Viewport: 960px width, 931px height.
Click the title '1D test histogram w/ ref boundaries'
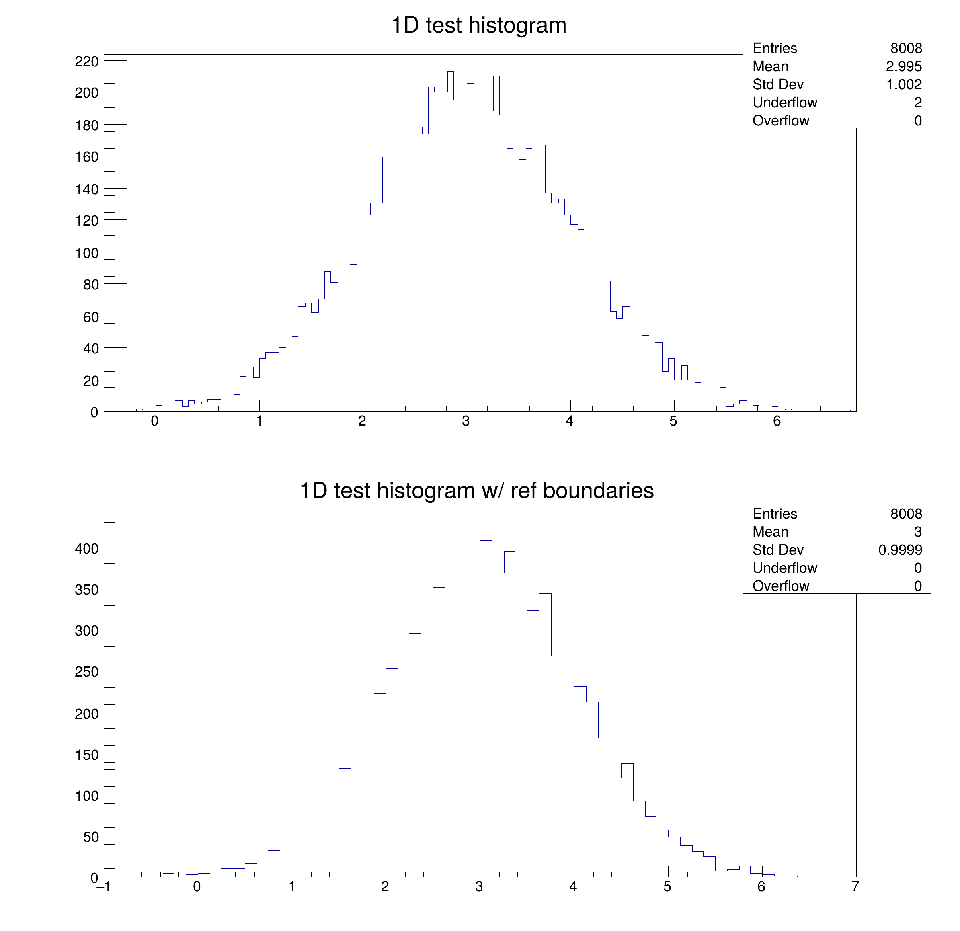pos(476,491)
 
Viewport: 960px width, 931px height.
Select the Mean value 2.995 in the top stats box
pos(904,67)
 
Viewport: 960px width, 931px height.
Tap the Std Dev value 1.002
pos(904,85)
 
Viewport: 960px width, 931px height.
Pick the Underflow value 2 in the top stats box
pos(917,103)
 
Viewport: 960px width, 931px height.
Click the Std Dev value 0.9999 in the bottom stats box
pos(900,550)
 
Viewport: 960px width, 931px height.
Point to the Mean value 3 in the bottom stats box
pos(917,532)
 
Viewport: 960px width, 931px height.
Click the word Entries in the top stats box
pos(774,49)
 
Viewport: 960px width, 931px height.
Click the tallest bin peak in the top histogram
pos(450,72)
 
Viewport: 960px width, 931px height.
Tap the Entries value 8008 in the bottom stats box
pos(906,514)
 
